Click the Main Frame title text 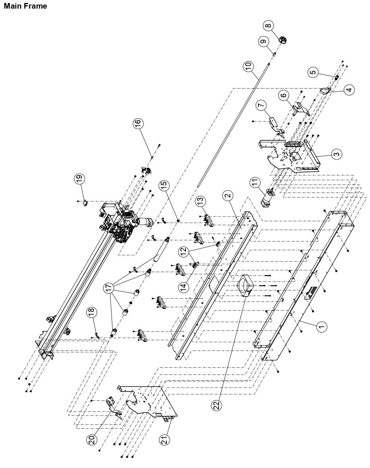pyautogui.click(x=25, y=6)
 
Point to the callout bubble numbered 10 pyautogui.click(x=248, y=66)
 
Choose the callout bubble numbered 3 pyautogui.click(x=336, y=154)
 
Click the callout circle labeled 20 pyautogui.click(x=92, y=439)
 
